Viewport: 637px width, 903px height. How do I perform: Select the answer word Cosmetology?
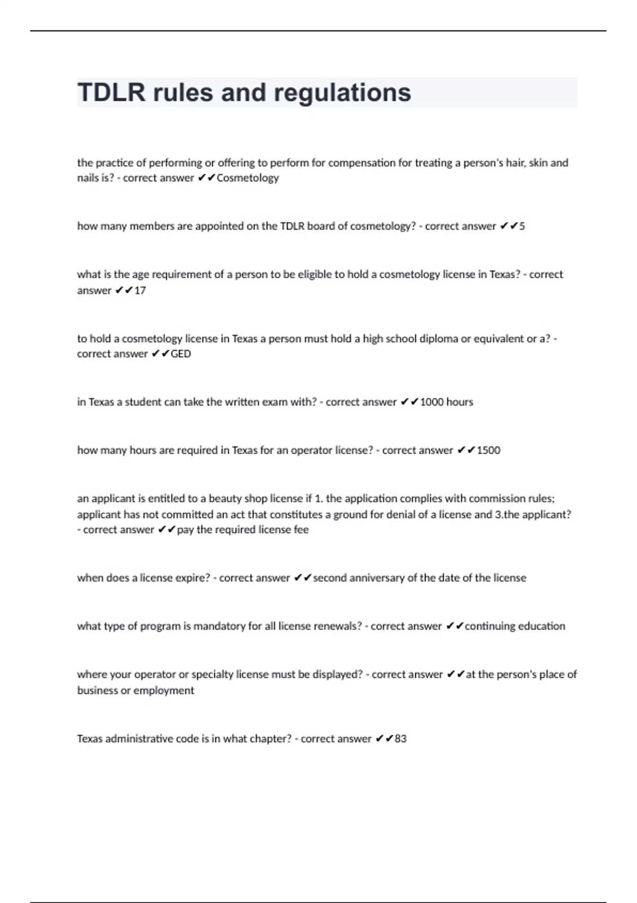pos(248,178)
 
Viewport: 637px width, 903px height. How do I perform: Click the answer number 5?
pos(522,226)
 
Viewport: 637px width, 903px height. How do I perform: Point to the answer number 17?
pos(140,291)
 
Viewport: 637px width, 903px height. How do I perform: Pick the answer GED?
pos(180,354)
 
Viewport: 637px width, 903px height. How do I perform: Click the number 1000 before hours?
pos(432,402)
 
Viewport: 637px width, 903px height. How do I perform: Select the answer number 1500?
pos(488,450)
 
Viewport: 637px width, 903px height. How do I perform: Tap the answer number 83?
pos(401,739)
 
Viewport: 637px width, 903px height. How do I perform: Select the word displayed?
pos(338,675)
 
